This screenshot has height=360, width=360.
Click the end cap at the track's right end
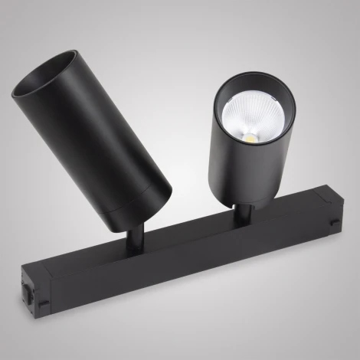coord(326,218)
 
